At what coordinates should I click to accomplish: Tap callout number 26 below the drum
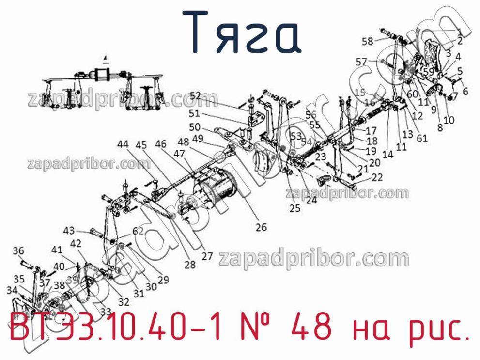(x=262, y=226)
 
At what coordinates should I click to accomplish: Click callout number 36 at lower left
(x=18, y=250)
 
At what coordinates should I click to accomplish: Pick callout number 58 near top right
(x=368, y=42)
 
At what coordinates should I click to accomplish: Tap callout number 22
(x=377, y=177)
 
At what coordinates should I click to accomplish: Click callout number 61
(x=422, y=138)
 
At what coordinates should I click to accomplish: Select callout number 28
(x=190, y=265)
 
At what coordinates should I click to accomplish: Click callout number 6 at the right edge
(x=465, y=91)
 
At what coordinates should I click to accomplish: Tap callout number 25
(x=295, y=208)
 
